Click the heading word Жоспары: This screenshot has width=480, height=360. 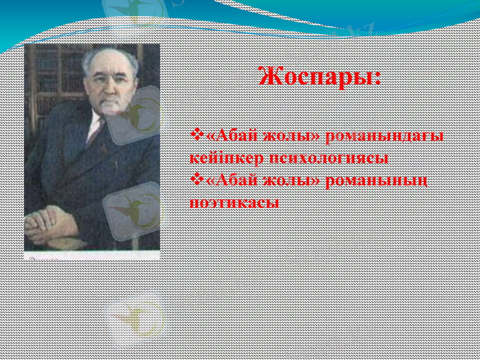click(x=319, y=77)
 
